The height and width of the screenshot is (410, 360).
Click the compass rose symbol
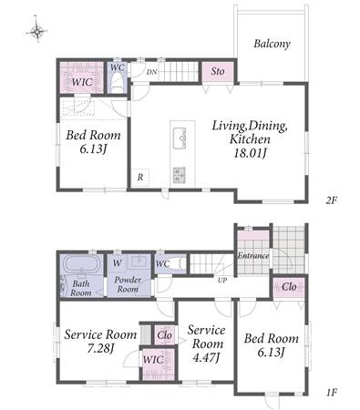point(36,30)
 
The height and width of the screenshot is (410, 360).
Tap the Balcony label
point(272,44)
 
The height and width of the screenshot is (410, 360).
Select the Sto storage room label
point(218,71)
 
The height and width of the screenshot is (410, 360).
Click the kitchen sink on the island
point(180,138)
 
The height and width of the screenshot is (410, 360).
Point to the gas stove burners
point(180,175)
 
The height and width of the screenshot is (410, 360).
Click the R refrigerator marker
point(140,177)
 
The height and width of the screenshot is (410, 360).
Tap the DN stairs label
point(151,72)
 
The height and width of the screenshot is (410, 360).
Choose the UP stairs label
point(222,280)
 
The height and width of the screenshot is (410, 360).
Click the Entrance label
point(253,256)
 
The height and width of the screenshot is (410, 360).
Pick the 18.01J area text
point(250,153)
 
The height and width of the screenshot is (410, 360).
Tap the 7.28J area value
point(100,348)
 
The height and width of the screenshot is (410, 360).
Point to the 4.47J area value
point(206,357)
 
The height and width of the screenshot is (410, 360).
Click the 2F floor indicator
point(332,200)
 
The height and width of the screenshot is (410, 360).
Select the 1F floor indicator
point(332,393)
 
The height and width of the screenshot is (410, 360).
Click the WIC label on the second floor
point(82,82)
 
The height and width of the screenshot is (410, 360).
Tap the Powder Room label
point(128,284)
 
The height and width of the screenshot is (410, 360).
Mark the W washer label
point(118,263)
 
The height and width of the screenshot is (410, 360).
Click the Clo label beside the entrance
point(289,287)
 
